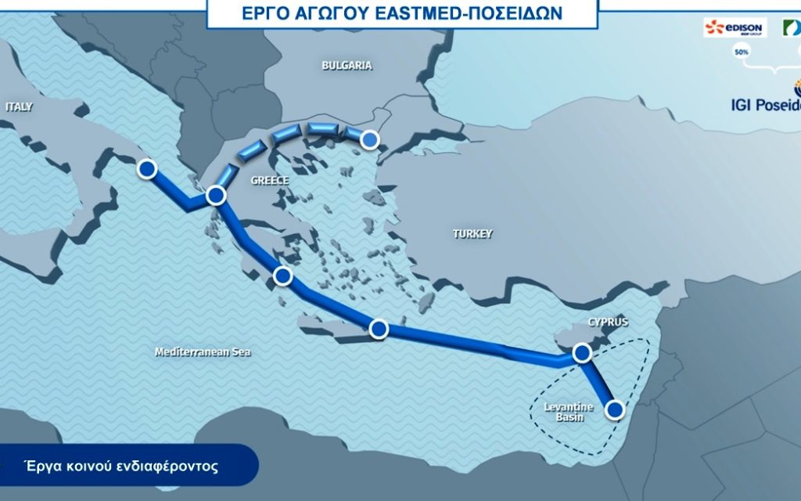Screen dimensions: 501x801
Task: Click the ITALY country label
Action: coord(19,106)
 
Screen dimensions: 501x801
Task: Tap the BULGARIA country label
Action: coord(347,66)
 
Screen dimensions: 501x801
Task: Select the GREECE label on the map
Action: coord(269,181)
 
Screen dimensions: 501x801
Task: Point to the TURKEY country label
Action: coord(472,233)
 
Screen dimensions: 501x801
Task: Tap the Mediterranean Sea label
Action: coord(203,352)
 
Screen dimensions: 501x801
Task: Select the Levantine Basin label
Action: coord(569,412)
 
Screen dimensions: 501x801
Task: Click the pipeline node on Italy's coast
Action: coord(146,168)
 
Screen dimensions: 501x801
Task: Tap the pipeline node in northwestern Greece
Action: coord(216,196)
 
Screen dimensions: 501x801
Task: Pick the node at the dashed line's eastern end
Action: coord(369,140)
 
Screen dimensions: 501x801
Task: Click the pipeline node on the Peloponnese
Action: coord(283,276)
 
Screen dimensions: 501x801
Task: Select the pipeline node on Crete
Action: coord(379,329)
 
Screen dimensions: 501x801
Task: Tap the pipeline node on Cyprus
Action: coord(581,354)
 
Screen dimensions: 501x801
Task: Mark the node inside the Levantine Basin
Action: coord(615,409)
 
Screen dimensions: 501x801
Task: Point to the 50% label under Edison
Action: coord(739,52)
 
